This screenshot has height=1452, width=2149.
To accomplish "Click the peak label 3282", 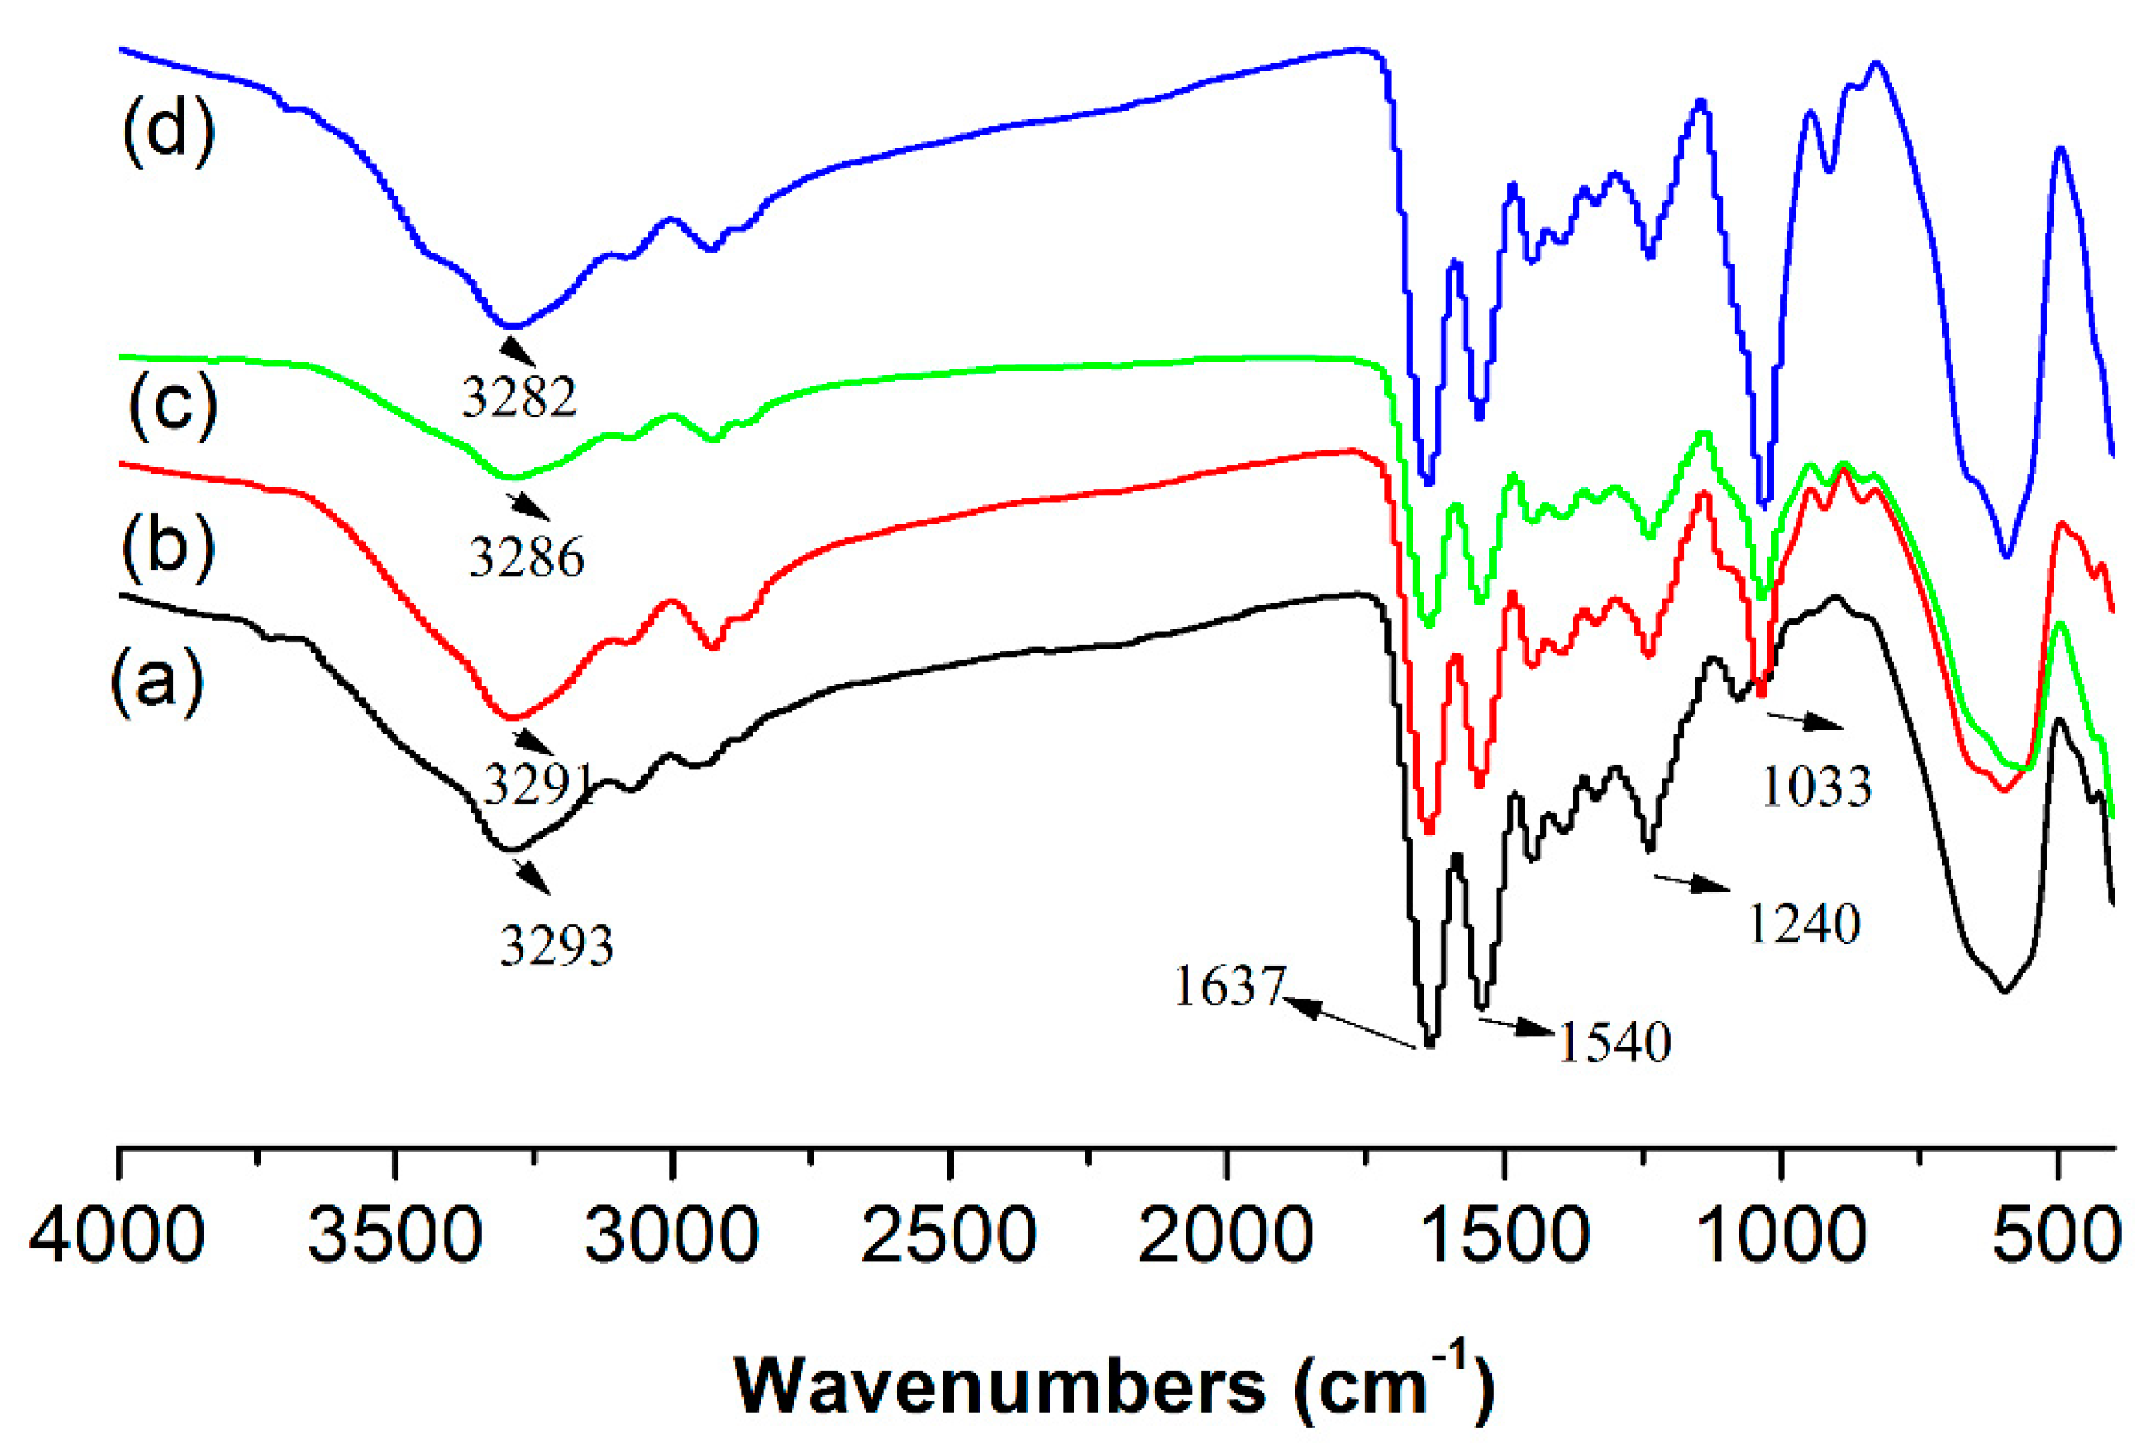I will click(x=519, y=398).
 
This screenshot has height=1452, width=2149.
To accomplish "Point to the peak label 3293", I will click(x=556, y=946).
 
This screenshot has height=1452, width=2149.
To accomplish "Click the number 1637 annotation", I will click(x=1229, y=986).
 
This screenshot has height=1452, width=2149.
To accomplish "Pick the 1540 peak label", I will click(x=1614, y=1043).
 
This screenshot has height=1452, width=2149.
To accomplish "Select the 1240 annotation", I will click(x=1804, y=924).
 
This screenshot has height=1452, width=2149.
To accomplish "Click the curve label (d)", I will click(x=168, y=133).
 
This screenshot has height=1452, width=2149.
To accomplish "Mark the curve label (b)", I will click(x=168, y=548).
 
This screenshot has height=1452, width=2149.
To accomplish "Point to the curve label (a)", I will click(x=156, y=682).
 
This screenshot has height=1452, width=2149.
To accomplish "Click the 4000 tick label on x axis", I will click(x=118, y=1236).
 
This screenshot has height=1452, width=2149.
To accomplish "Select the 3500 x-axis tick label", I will click(x=395, y=1236).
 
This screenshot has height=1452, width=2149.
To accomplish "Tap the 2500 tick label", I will click(x=949, y=1236).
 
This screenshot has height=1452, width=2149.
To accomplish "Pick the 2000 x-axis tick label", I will click(x=1226, y=1236).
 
